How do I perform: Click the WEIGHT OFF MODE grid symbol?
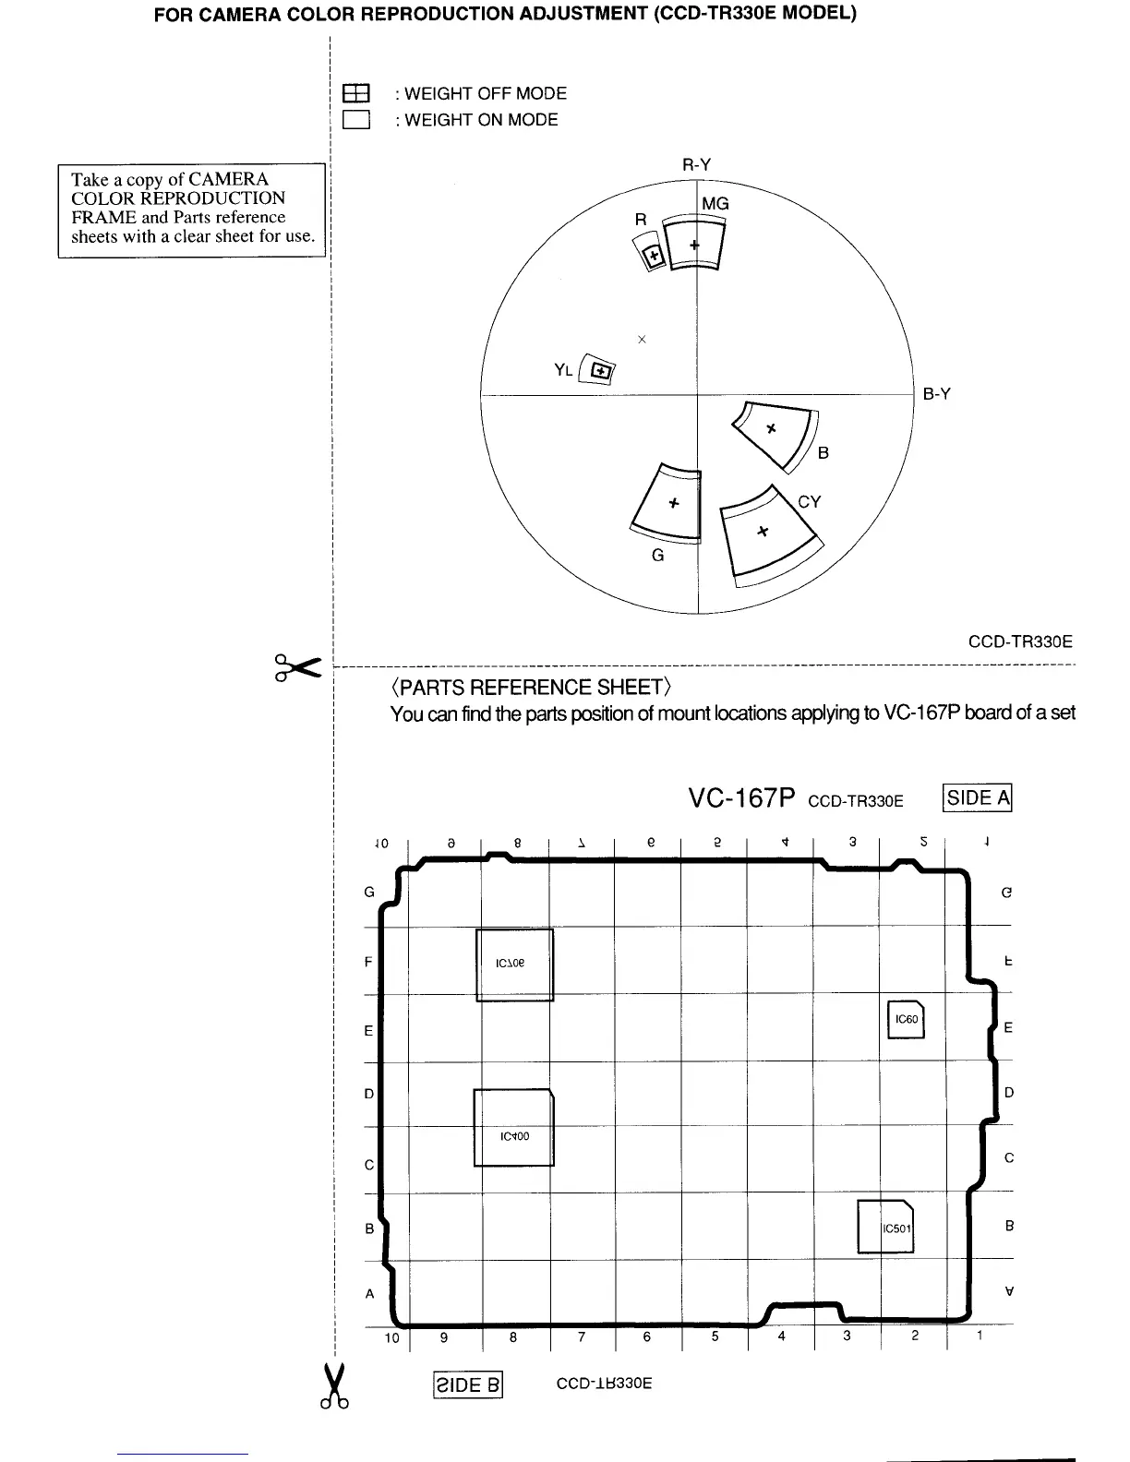click(355, 93)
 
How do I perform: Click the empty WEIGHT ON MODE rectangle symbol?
click(355, 120)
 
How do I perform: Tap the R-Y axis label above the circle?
click(696, 164)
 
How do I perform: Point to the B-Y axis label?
click(936, 394)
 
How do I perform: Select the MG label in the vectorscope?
click(715, 203)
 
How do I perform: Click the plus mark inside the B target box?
click(772, 428)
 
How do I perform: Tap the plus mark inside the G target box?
click(674, 503)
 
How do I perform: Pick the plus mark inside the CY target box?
click(763, 531)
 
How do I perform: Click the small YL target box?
click(601, 371)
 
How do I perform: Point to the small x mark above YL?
click(642, 340)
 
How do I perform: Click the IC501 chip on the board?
click(885, 1227)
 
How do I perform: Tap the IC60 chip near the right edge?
click(906, 1019)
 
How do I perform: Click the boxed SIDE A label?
click(978, 797)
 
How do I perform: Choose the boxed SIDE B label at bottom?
click(467, 1384)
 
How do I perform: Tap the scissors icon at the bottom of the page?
click(334, 1386)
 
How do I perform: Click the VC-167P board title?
click(741, 798)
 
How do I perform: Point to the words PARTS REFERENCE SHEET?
click(531, 688)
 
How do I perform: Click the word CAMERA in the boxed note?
click(228, 179)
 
